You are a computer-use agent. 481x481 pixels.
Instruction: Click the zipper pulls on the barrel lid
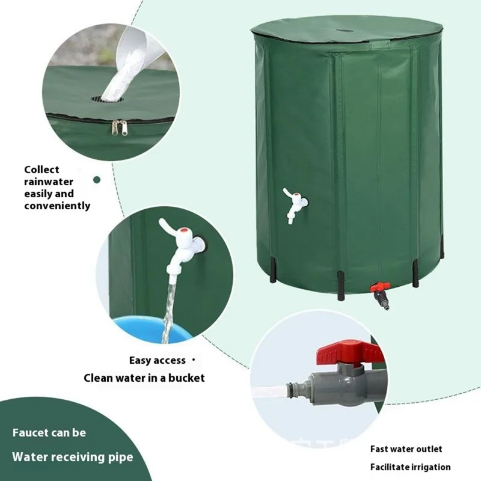[x=120, y=127]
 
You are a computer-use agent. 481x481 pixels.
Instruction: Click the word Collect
[x=41, y=170]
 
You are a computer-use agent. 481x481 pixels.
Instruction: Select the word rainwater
[x=49, y=182]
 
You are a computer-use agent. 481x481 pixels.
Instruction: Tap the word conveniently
[x=57, y=206]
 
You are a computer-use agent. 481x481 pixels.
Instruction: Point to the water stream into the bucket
[x=168, y=313]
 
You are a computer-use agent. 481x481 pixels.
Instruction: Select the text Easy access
[x=158, y=360]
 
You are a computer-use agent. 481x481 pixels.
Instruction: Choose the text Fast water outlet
[x=406, y=449]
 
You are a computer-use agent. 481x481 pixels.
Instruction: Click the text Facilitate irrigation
[x=410, y=467]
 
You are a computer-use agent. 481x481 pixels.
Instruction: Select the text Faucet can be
[x=49, y=432]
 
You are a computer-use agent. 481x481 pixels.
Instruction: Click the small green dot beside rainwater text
[x=97, y=179]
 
